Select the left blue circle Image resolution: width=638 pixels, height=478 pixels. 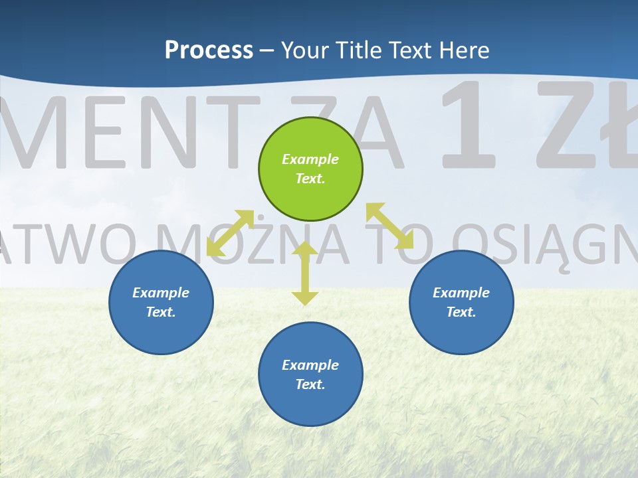pos(161,302)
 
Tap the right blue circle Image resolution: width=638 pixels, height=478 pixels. pos(461,302)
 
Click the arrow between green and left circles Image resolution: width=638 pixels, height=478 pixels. pos(230,233)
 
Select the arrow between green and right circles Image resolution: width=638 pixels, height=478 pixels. pos(389,226)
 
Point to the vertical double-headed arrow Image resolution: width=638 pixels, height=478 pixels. pos(305,274)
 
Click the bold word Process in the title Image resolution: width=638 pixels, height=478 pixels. pos(209,50)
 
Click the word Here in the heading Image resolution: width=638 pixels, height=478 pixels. pos(465,50)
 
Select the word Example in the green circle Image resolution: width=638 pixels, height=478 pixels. pos(310,159)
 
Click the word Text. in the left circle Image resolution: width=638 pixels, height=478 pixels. pos(161,312)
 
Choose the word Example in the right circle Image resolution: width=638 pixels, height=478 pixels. pos(461,293)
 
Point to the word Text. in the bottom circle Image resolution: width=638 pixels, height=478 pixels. pos(310,384)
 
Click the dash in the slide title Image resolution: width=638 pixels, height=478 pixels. pos(266,50)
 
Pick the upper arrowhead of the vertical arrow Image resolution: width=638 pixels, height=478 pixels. pos(305,249)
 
